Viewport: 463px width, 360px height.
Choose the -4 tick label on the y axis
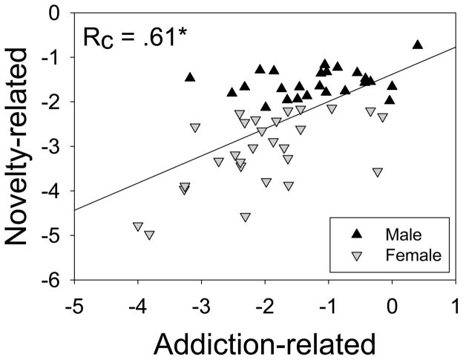click(x=53, y=192)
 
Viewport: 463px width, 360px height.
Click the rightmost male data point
click(x=418, y=45)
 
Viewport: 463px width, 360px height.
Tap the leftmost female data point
click(x=138, y=226)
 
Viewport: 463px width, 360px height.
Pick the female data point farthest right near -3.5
click(x=378, y=172)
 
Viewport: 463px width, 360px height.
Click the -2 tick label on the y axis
click(x=53, y=102)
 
